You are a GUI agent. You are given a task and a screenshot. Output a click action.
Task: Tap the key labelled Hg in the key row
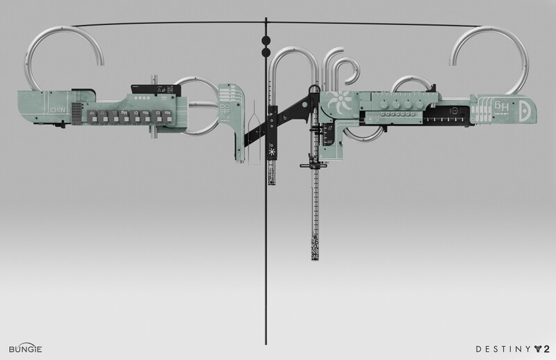(124, 115)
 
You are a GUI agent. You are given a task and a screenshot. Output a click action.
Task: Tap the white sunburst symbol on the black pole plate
(270, 150)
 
